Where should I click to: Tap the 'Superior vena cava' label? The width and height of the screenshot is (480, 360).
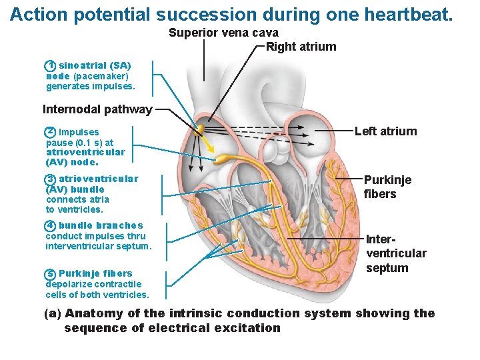click(223, 33)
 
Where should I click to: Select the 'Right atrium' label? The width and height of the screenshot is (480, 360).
click(301, 47)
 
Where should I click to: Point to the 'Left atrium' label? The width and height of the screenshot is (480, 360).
click(385, 131)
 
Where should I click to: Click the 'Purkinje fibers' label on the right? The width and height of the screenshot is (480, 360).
click(387, 187)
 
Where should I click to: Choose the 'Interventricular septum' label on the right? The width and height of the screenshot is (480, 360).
click(396, 253)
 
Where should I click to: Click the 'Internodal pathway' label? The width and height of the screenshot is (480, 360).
click(97, 109)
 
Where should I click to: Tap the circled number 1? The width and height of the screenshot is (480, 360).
click(50, 66)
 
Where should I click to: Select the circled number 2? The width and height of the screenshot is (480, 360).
click(50, 132)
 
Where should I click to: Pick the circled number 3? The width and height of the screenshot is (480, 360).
click(50, 179)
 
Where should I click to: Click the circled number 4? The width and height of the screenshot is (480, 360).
click(50, 225)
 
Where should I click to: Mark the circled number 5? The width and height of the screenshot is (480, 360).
click(50, 273)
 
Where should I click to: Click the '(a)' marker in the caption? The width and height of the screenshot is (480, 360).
click(53, 313)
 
